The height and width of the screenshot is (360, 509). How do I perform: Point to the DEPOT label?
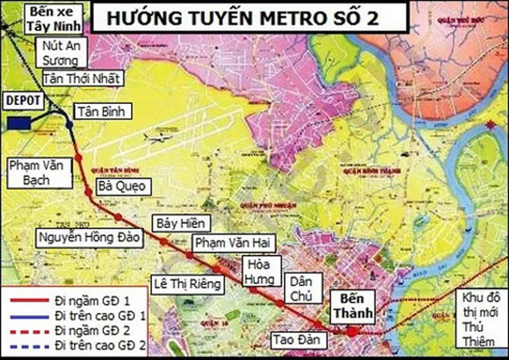pos(22,100)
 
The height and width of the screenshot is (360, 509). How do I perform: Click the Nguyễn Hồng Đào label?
pos(89,237)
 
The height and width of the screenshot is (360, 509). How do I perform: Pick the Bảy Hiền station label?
pos(177,223)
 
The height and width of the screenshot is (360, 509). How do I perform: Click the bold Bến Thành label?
pos(351,305)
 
